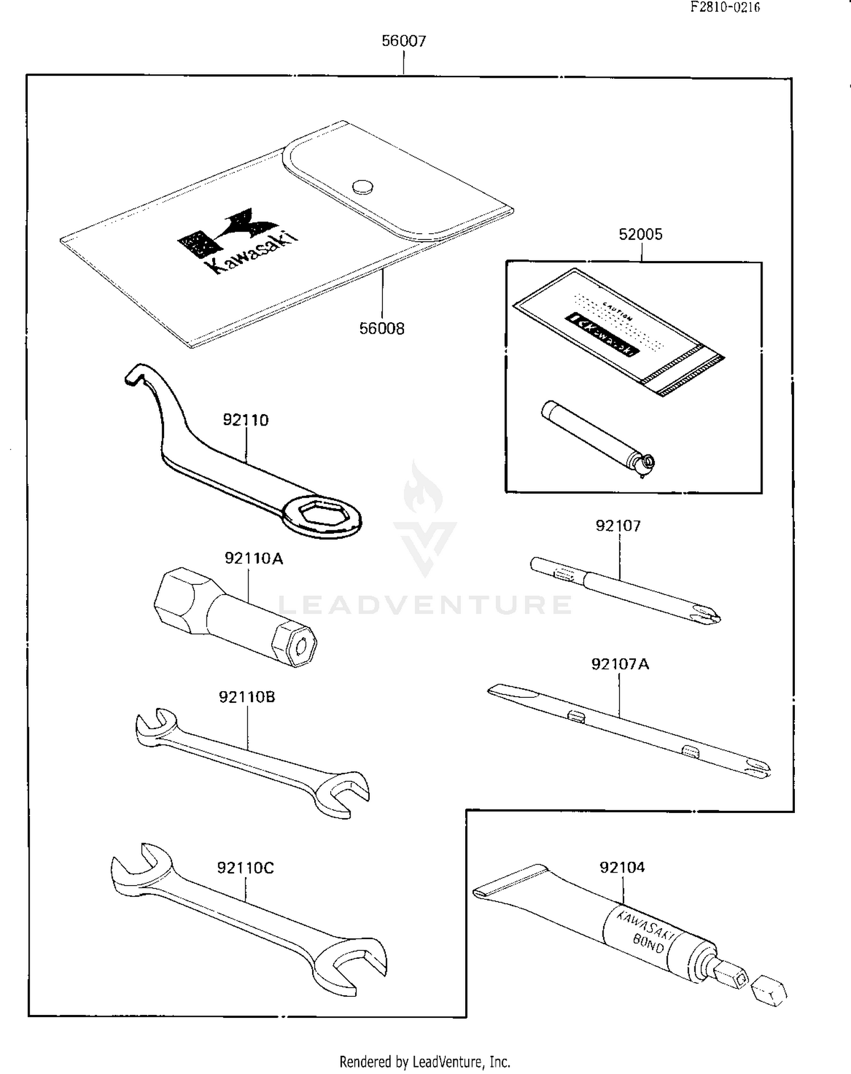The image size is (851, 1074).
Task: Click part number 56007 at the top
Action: pos(403,41)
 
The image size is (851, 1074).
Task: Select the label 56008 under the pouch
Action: pos(382,328)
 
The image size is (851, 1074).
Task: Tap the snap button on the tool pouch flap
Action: pos(363,186)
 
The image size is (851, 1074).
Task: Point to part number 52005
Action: pos(641,234)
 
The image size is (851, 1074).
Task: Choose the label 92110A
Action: pos(254,558)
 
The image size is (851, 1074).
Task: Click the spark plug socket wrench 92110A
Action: pos(233,617)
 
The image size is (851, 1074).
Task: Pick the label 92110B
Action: pos(247,697)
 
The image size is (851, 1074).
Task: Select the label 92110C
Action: pos(245,868)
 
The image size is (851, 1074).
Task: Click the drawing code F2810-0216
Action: pos(724,7)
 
